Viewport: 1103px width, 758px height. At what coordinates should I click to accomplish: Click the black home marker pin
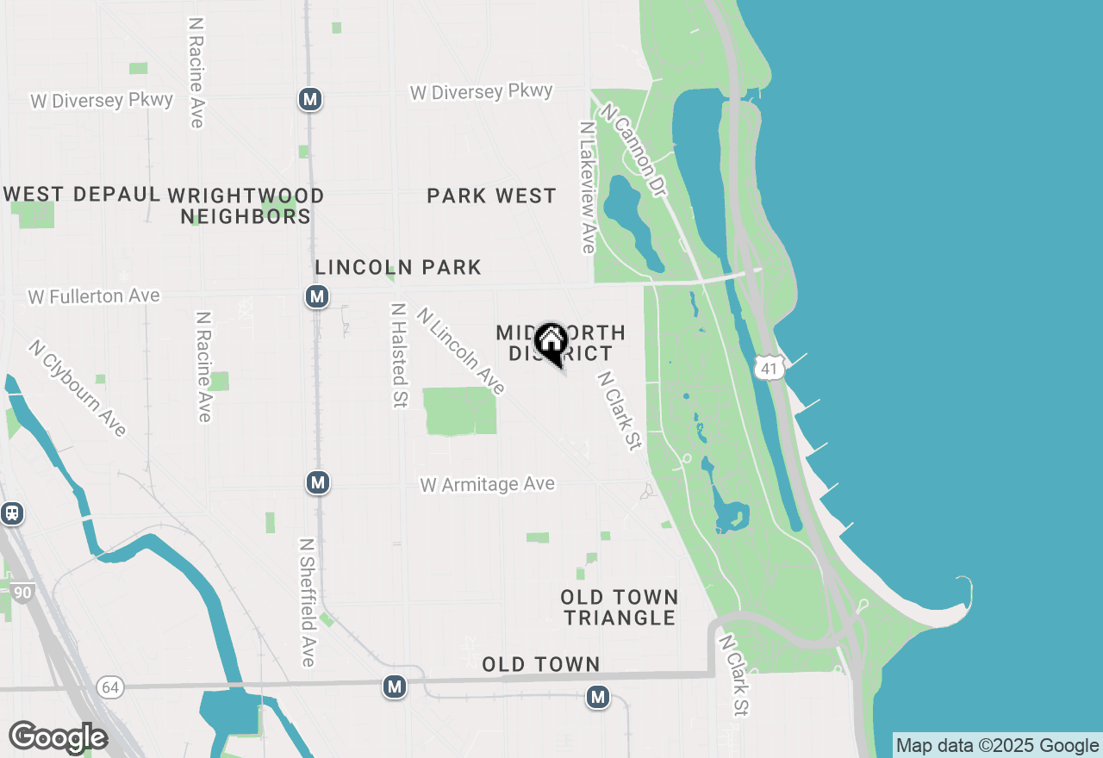(x=550, y=343)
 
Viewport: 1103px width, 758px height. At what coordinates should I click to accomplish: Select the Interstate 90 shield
(x=22, y=593)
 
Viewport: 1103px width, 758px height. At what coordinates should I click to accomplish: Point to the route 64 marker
(x=109, y=687)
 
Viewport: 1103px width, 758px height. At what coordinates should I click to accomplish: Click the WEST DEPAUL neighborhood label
(x=82, y=194)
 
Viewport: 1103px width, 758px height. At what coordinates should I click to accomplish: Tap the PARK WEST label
(x=491, y=196)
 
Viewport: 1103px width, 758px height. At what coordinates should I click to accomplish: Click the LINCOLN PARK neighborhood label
(x=398, y=267)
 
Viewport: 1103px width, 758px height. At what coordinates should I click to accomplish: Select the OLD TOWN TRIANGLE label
(x=619, y=607)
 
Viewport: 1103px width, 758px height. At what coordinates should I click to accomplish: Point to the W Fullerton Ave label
(x=94, y=296)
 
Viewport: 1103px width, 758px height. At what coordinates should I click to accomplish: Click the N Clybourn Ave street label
(x=78, y=388)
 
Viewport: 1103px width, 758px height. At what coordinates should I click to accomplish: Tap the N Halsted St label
(x=398, y=355)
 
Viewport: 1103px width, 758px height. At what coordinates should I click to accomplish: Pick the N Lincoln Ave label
(x=460, y=351)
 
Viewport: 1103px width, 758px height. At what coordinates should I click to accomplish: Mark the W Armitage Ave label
(x=487, y=485)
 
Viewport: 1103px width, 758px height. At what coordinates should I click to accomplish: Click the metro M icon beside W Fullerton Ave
(x=317, y=297)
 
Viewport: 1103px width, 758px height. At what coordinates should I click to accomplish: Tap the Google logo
(x=58, y=737)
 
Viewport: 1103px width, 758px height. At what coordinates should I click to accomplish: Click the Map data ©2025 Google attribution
(x=998, y=746)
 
